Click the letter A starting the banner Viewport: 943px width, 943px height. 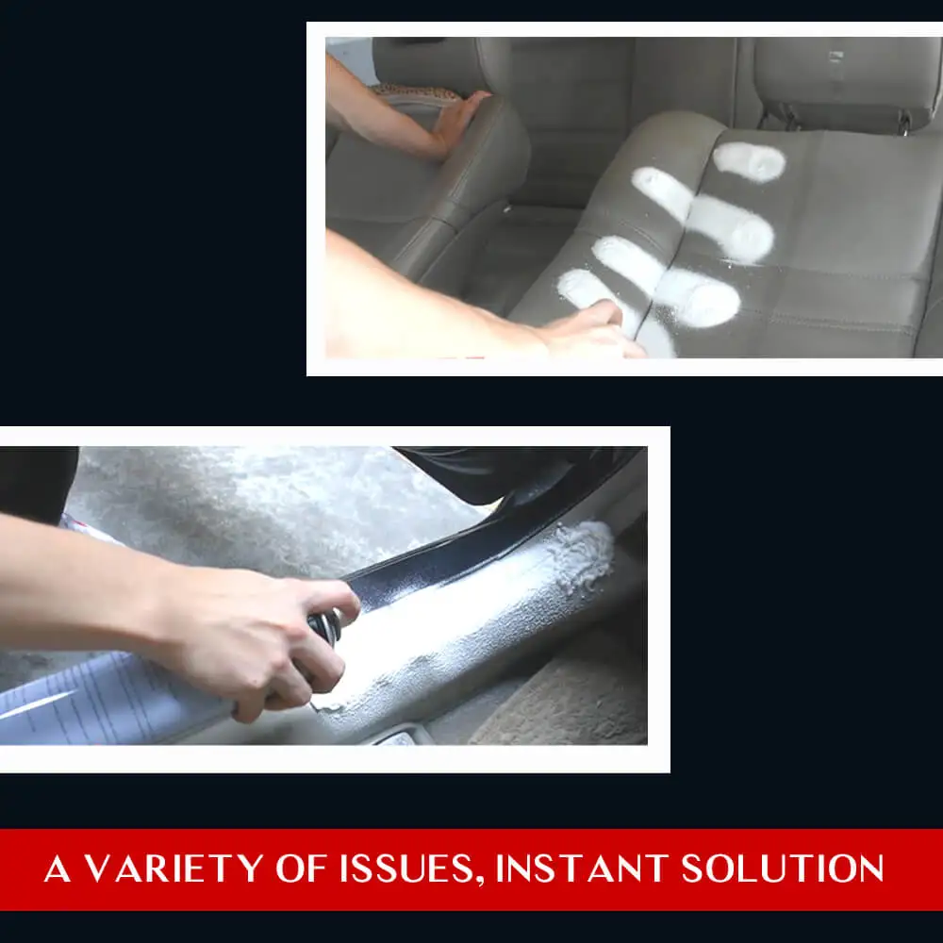click(x=58, y=869)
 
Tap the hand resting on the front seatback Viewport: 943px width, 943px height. click(x=462, y=118)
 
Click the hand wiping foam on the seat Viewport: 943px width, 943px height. click(x=594, y=330)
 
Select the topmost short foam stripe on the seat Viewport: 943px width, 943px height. click(x=750, y=162)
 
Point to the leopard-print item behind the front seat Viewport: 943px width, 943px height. click(x=415, y=92)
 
